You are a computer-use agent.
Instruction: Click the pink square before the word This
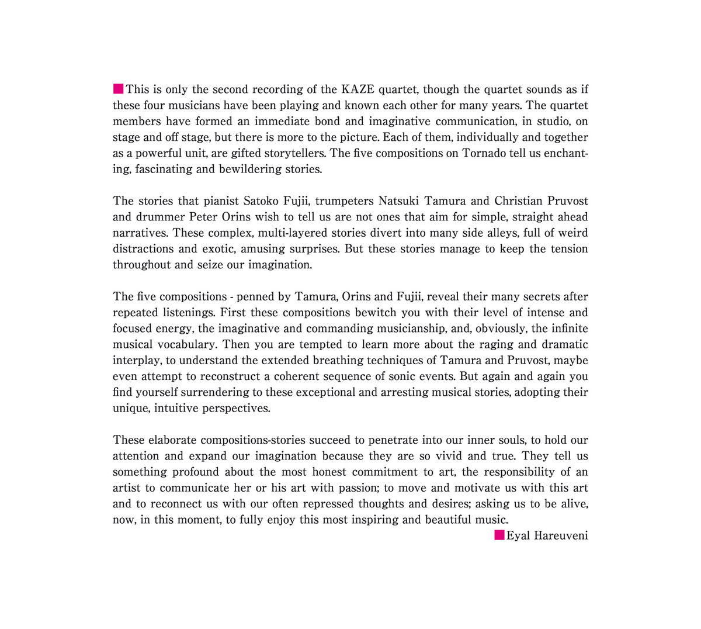click(118, 89)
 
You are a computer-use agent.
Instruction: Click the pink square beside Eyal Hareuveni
click(499, 535)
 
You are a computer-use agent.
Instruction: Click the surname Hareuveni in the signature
click(561, 535)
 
